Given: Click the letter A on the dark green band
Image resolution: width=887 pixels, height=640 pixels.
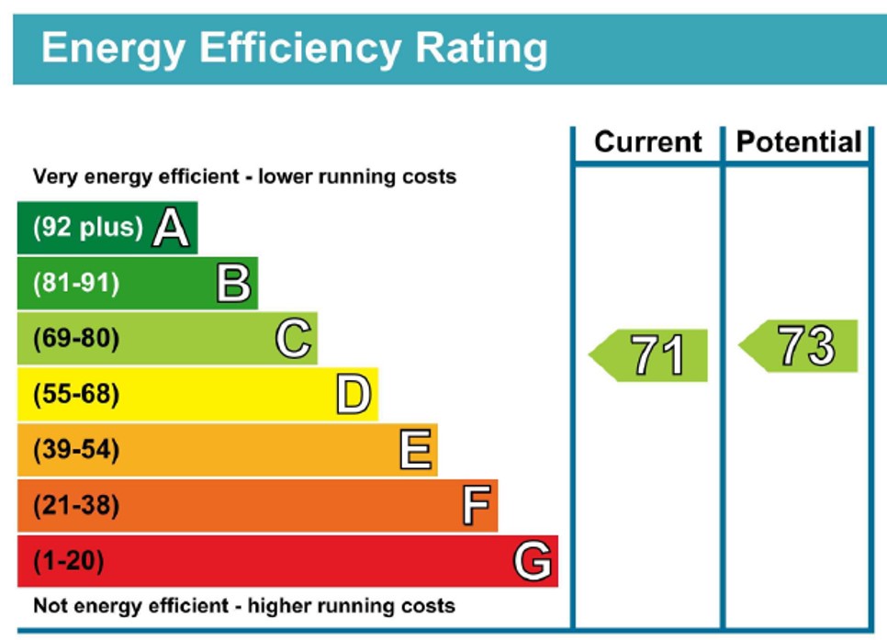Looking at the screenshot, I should click(x=171, y=228).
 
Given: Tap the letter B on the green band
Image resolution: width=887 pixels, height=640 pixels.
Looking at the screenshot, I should click(x=233, y=284).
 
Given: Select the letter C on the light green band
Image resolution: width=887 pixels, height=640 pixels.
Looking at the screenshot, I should click(x=293, y=340).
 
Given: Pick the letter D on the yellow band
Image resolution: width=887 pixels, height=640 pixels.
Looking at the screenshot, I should click(x=354, y=396).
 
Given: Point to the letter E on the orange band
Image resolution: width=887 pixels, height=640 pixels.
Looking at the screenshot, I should click(x=415, y=451).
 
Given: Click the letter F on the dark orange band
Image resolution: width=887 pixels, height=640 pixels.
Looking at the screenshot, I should click(x=477, y=506).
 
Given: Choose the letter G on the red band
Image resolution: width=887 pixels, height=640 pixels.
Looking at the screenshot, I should click(x=533, y=561).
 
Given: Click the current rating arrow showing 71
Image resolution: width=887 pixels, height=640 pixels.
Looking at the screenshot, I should click(x=650, y=355).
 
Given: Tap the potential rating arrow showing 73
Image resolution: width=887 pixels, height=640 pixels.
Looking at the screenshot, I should click(x=800, y=346).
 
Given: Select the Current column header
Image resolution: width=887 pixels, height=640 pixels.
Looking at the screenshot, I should click(x=648, y=142).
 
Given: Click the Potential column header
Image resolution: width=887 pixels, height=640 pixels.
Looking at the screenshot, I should click(x=799, y=142).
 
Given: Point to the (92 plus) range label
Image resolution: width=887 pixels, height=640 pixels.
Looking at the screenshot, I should click(x=88, y=228).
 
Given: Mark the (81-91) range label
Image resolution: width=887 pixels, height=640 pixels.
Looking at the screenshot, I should click(x=76, y=284).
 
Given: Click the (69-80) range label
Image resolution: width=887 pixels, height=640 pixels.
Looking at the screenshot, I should click(x=76, y=340).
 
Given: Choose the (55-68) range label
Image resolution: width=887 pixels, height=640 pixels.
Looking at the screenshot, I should click(x=76, y=396).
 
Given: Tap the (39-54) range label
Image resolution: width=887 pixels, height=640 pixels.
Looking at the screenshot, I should click(x=76, y=451).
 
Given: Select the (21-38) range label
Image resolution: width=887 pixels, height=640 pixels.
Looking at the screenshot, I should click(x=76, y=506).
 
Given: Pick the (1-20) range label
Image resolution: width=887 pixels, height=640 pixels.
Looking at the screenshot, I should click(x=69, y=561).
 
